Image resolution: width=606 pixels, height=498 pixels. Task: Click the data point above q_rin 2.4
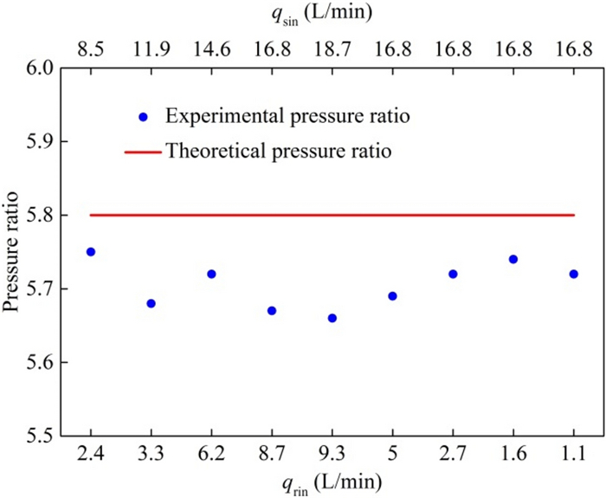(x=91, y=251)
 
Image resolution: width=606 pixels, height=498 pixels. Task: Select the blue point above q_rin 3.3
(x=151, y=303)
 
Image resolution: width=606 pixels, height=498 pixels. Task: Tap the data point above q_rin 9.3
(x=332, y=318)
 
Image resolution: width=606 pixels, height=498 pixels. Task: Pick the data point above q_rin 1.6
(x=513, y=259)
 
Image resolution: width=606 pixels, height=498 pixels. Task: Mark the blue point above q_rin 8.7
(x=272, y=310)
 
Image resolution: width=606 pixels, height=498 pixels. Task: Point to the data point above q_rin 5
(x=393, y=295)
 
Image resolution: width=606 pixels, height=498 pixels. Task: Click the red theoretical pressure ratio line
(x=332, y=215)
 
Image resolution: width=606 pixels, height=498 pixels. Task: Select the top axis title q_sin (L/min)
(x=332, y=15)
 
